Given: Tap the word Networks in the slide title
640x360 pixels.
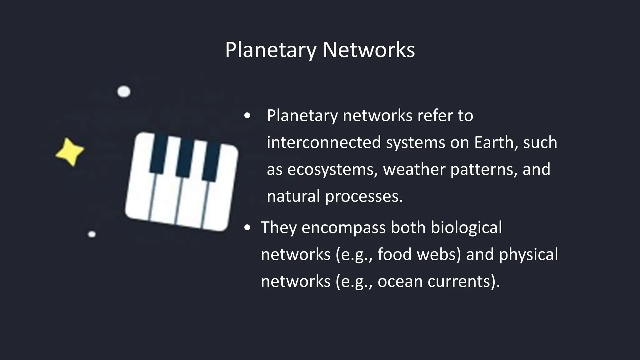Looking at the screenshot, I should coord(368,50).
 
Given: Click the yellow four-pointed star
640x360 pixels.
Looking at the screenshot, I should coord(70,152).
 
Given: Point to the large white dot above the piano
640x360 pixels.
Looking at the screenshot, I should coord(124,92).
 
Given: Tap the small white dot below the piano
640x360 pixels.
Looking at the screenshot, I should coord(92,234).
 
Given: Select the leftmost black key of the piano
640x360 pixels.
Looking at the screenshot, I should coord(158,153).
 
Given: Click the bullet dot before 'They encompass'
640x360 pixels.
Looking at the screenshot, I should coord(247,228).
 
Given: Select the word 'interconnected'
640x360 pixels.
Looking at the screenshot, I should coord(324,142).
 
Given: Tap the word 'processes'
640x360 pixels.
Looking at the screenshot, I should coord(364,197).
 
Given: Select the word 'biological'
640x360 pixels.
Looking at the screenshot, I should coord(466,227).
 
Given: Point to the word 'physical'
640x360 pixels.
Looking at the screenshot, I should coord(528,255).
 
